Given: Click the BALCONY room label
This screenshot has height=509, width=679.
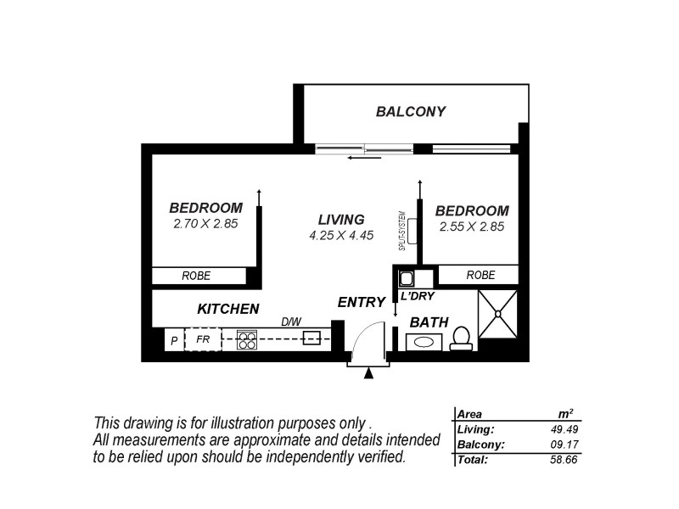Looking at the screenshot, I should click(411, 111).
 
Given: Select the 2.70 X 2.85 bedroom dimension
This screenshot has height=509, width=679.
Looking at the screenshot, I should click(205, 225).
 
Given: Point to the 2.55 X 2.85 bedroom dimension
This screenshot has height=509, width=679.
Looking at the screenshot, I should click(472, 227).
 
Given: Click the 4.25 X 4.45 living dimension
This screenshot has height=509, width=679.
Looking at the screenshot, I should click(341, 236).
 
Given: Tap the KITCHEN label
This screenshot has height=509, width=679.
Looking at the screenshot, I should click(228, 309).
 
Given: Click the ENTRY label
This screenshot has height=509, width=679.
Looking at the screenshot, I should click(361, 302).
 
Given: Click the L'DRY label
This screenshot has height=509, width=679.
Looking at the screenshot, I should click(418, 296).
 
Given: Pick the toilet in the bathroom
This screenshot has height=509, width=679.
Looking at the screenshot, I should click(462, 338).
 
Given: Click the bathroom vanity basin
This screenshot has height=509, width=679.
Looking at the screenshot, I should click(422, 343).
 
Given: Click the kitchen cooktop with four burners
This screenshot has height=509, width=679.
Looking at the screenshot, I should click(246, 340).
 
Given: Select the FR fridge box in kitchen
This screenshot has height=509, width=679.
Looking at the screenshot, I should click(203, 339).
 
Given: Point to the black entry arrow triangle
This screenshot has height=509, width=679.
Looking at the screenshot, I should click(368, 372).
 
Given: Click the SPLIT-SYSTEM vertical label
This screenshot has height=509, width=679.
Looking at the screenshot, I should click(401, 230).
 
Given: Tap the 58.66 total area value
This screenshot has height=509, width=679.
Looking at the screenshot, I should click(564, 460).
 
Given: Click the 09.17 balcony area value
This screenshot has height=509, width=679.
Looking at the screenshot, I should click(564, 445).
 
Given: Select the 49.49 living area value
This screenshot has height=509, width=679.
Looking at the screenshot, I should click(564, 429).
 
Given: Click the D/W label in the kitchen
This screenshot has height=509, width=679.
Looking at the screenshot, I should click(292, 322).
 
